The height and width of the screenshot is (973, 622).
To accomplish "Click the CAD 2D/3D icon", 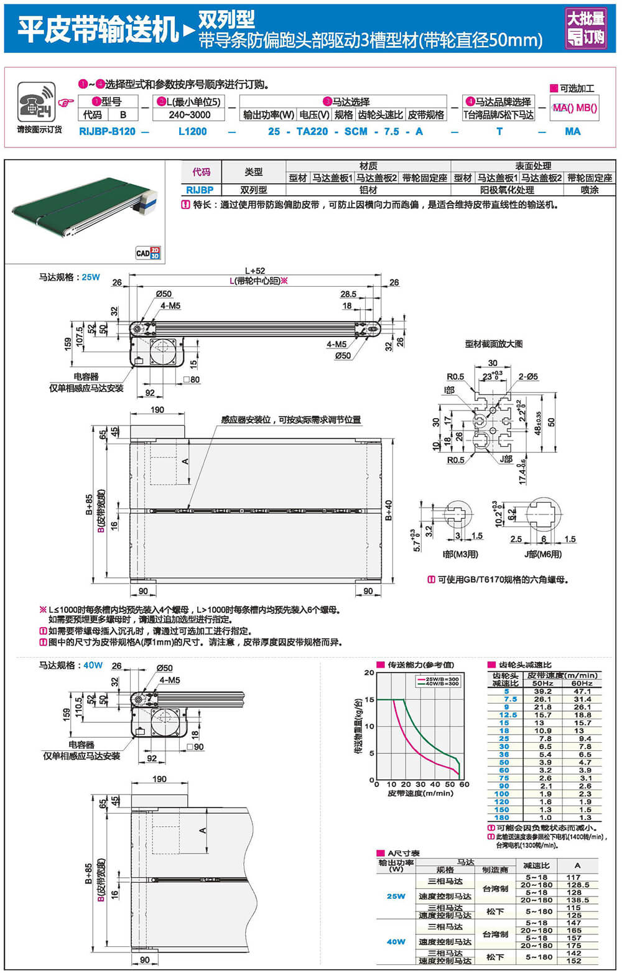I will tap(148, 252).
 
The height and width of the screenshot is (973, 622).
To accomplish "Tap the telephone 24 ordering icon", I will tap(36, 101).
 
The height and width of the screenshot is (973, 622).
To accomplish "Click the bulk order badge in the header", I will tap(585, 28).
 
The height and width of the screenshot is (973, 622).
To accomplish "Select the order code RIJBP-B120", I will tap(107, 131).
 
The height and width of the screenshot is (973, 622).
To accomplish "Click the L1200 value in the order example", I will tap(192, 131).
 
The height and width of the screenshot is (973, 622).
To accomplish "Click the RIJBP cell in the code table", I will tap(200, 190).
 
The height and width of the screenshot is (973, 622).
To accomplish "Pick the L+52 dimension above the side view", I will tap(255, 271).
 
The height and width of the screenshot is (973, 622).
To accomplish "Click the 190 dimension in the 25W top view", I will tap(157, 409).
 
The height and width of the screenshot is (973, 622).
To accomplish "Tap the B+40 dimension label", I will tap(389, 510).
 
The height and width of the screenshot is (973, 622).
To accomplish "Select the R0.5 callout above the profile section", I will tap(455, 376).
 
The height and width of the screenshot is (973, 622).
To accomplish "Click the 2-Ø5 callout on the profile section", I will tap(528, 376).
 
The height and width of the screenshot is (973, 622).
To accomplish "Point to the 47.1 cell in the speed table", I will tap(582, 691).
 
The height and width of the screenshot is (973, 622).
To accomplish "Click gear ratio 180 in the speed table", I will tap(502, 817).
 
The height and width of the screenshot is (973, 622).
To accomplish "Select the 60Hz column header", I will tap(582, 683).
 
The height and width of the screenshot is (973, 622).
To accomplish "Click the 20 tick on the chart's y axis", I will tap(369, 673).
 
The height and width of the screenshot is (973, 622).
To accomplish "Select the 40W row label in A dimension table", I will tap(396, 941).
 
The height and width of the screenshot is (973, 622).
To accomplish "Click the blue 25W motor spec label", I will tap(91, 277).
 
